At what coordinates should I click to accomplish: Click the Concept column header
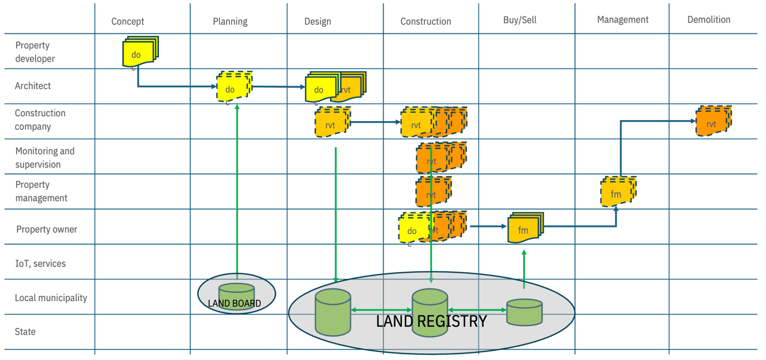click(x=127, y=22)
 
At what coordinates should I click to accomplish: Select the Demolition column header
click(x=708, y=19)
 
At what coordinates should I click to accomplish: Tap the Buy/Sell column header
click(x=519, y=20)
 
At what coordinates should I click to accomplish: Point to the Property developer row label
click(x=35, y=52)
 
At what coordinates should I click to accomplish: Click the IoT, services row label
click(x=41, y=263)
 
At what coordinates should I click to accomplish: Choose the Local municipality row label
click(x=51, y=298)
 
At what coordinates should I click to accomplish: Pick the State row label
click(x=26, y=332)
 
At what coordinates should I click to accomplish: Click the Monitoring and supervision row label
click(x=45, y=158)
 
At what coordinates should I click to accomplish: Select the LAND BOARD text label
click(x=234, y=303)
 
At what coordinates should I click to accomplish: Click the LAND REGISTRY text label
click(x=431, y=321)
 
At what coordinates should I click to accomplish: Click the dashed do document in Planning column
click(x=233, y=87)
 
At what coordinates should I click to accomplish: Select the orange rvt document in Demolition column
click(x=713, y=122)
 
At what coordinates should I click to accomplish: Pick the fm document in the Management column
click(x=618, y=192)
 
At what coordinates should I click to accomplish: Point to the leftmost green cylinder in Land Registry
click(x=333, y=312)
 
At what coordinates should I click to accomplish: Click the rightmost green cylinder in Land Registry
click(x=524, y=312)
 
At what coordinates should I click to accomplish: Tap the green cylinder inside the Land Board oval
click(x=236, y=293)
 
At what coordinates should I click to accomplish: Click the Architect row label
click(x=33, y=86)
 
